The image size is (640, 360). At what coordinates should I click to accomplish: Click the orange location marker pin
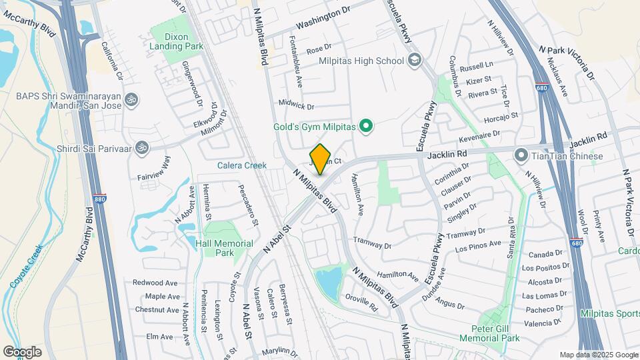pos(321,159)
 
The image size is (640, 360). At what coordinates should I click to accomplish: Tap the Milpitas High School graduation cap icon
pos(415,61)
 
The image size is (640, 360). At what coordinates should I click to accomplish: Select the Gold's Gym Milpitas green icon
pos(365,125)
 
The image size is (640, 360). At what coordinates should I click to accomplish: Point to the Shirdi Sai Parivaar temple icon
pos(141,147)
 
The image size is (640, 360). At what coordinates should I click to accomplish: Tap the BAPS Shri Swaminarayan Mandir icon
pos(132,100)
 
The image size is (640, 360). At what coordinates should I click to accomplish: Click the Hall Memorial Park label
pos(224,248)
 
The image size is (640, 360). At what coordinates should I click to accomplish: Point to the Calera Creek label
pos(241,165)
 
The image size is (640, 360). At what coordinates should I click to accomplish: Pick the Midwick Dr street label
pos(296,105)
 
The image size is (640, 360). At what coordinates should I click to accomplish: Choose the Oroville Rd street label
pos(361,303)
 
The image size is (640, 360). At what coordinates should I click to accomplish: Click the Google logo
pos(22,351)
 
